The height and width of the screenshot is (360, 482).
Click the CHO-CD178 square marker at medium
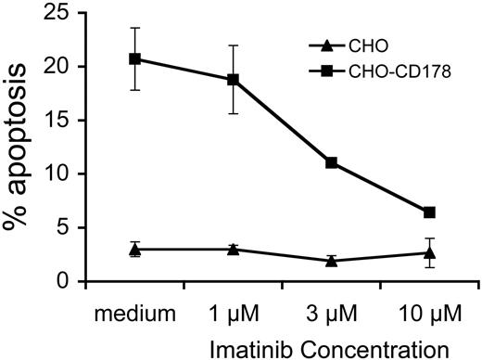[135, 58]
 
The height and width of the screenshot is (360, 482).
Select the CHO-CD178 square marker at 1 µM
[233, 80]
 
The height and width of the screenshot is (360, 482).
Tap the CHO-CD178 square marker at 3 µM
[331, 162]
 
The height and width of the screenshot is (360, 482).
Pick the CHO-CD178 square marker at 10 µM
[429, 212]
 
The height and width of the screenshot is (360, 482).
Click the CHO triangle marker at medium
[135, 249]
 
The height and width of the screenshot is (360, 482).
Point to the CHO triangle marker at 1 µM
[233, 249]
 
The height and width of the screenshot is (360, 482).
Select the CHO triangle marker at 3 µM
[331, 261]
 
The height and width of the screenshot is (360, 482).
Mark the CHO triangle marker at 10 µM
[429, 252]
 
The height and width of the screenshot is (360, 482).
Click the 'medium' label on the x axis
[135, 307]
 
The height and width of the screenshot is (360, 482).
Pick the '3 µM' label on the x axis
[331, 307]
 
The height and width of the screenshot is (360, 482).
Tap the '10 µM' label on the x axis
[429, 307]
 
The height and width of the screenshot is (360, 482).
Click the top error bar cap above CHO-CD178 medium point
[135, 28]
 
